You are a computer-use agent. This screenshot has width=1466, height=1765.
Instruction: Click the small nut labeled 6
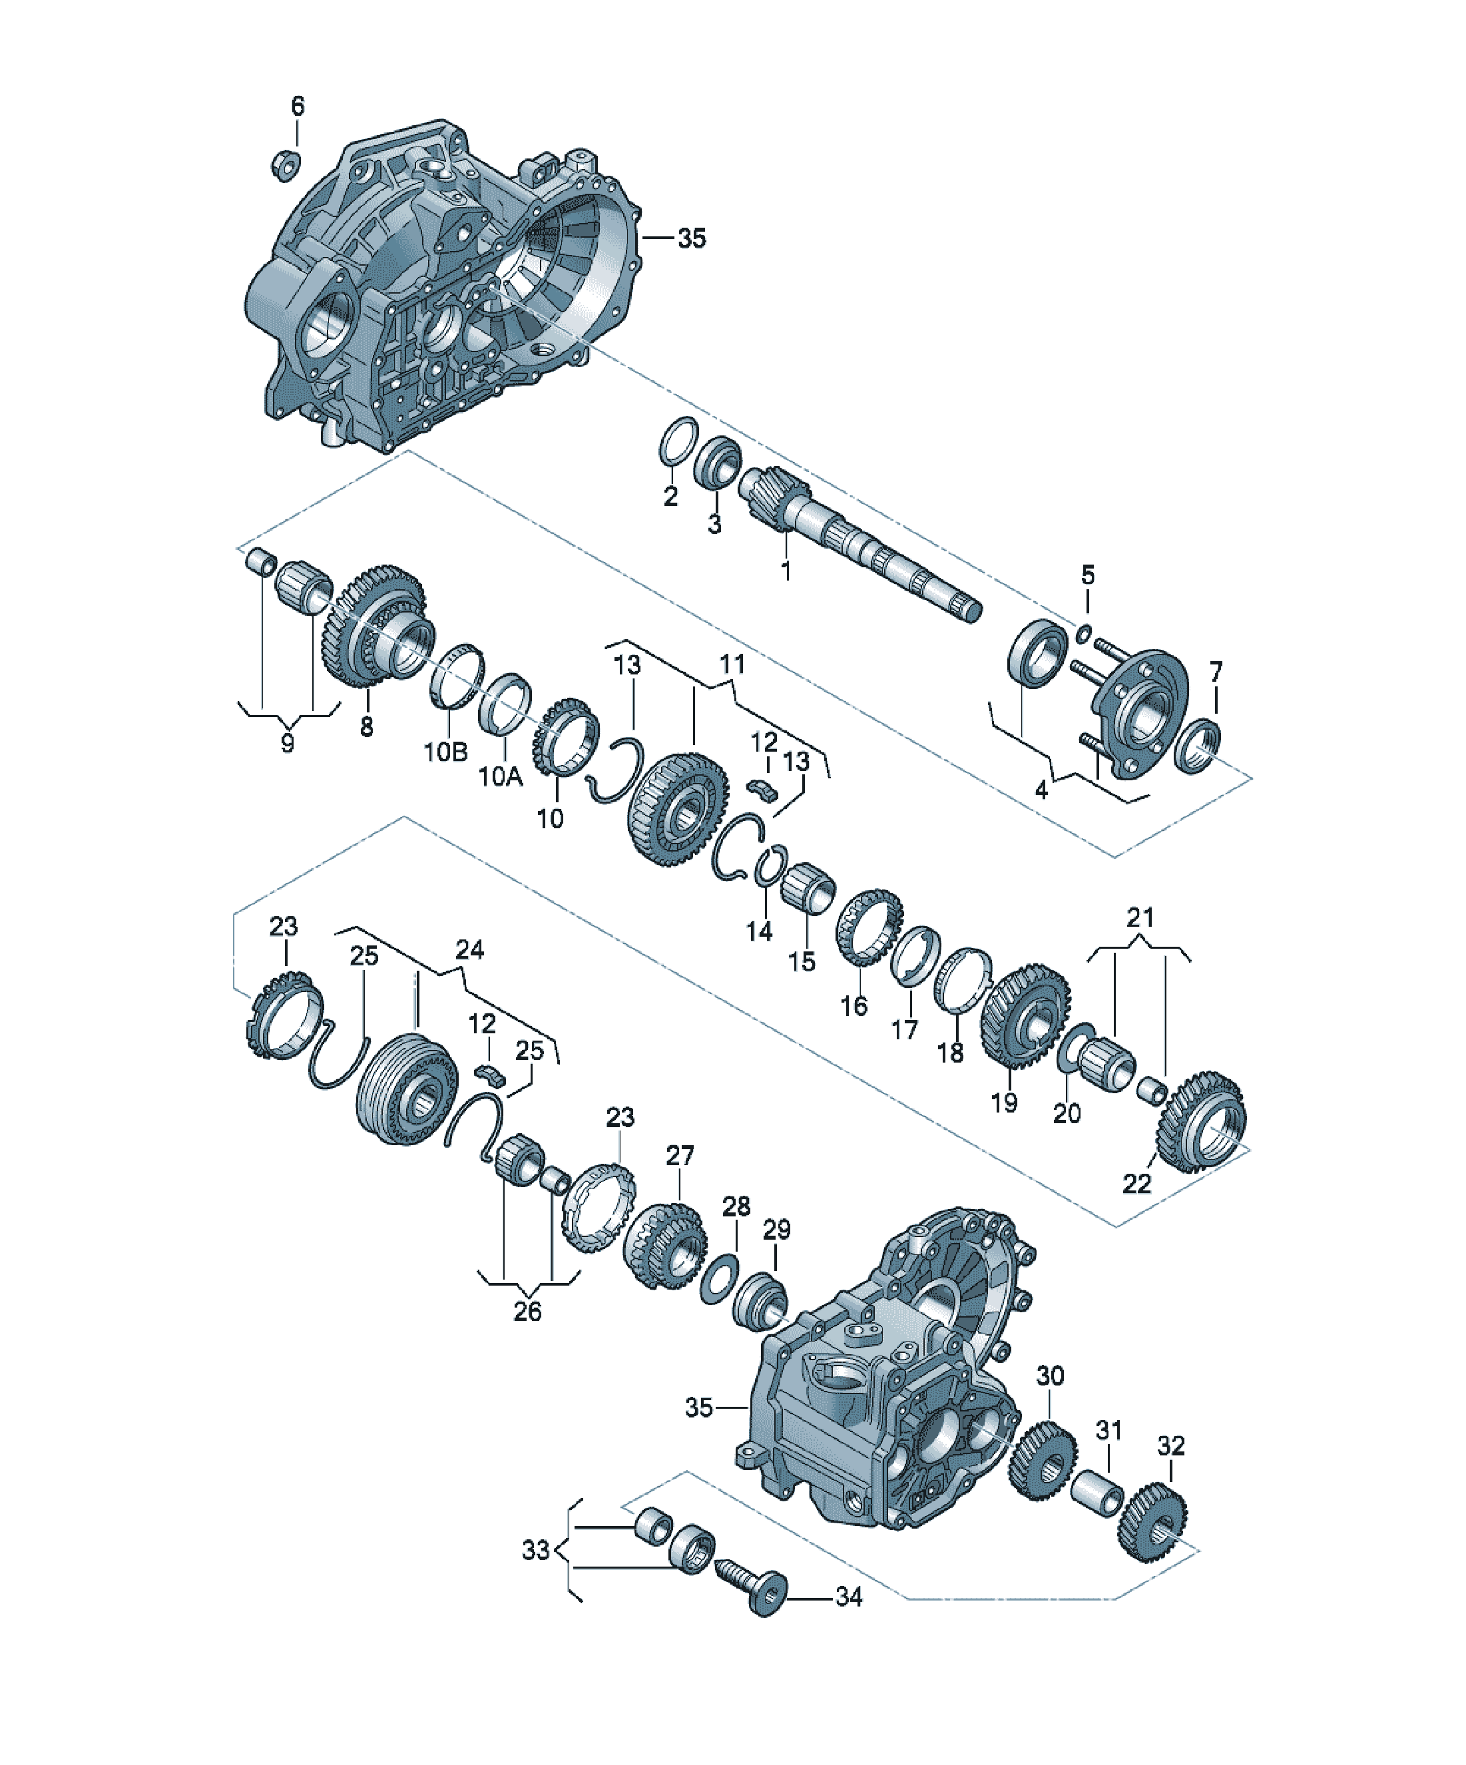[x=286, y=164]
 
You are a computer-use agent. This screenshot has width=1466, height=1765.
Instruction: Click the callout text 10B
[x=445, y=750]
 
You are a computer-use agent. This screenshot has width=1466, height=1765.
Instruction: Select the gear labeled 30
[x=1043, y=1458]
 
